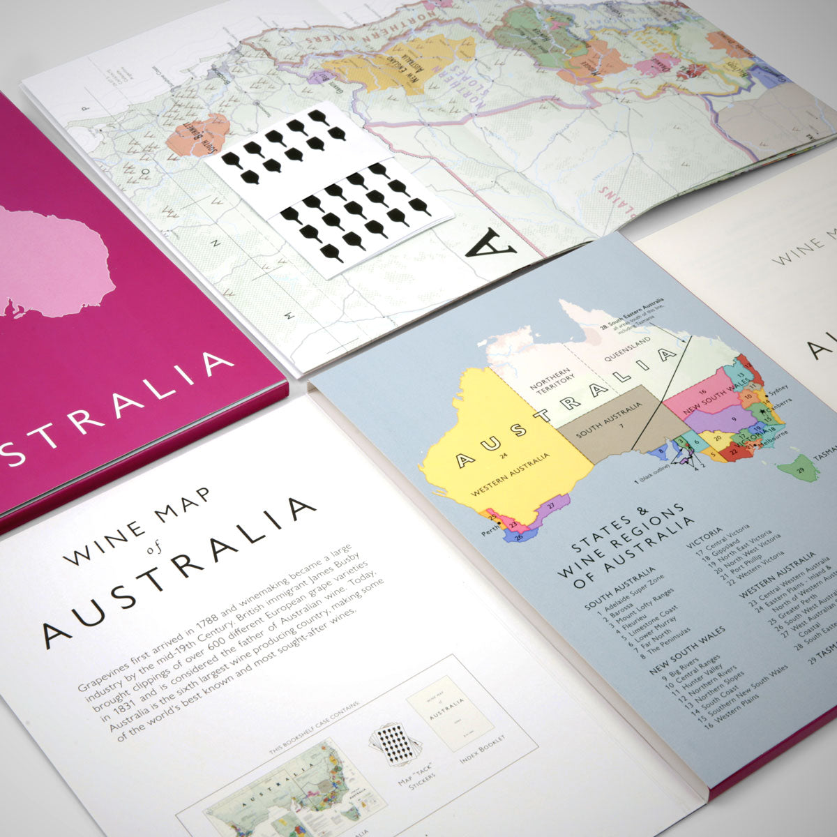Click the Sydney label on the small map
click(781, 388)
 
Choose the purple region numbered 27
click(551, 506)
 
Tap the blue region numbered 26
click(518, 538)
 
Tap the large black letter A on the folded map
click(491, 243)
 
